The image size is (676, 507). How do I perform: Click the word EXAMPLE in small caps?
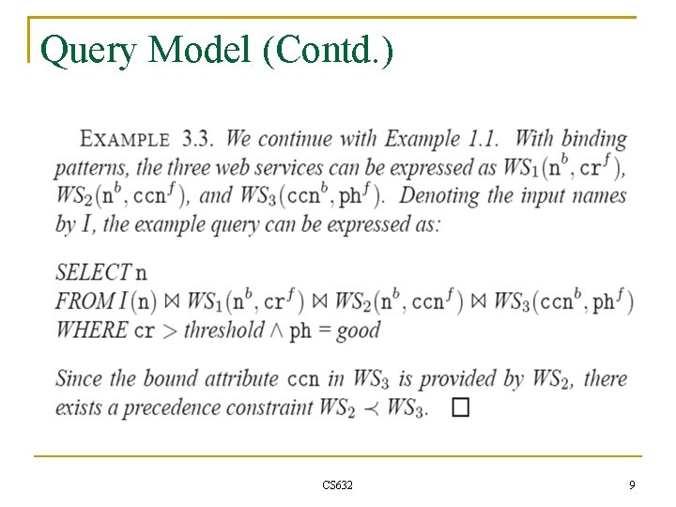pyautogui.click(x=125, y=140)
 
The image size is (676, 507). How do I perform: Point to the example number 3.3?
pyautogui.click(x=197, y=139)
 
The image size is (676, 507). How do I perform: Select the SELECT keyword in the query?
pyautogui.click(x=93, y=272)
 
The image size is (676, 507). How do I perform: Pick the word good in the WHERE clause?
pyautogui.click(x=358, y=330)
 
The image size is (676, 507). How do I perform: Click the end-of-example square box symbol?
pyautogui.click(x=459, y=407)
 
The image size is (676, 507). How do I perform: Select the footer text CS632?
pyautogui.click(x=337, y=485)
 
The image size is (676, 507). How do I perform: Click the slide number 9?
pyautogui.click(x=632, y=485)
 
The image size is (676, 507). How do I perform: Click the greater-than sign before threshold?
pyautogui.click(x=168, y=330)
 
